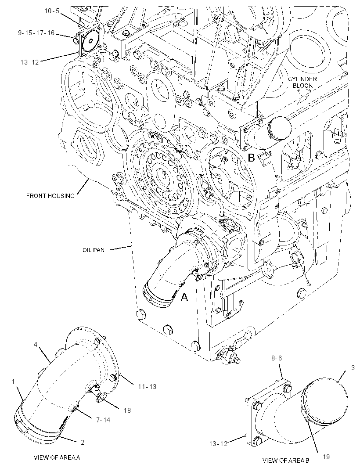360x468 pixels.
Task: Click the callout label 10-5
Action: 52,11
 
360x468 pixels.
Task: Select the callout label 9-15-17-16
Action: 36,33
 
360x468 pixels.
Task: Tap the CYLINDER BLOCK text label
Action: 302,83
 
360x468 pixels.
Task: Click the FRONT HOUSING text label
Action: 50,196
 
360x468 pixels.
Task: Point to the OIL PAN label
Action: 94,250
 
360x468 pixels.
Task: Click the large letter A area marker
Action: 185,297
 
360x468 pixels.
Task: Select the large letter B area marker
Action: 252,158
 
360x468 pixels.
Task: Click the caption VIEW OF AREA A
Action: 57,457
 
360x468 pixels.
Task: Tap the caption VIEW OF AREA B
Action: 286,460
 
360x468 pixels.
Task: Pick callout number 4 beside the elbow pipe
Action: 35,345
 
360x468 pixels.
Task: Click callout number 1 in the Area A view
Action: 14,382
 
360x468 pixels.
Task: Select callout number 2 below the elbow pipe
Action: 83,443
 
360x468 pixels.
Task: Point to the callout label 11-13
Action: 147,386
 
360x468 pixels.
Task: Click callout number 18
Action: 127,410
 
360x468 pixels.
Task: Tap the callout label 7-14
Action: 103,420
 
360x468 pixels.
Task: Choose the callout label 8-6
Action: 277,358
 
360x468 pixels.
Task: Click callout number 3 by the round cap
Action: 353,368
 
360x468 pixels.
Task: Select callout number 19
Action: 326,457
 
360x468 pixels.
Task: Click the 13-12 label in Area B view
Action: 218,444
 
